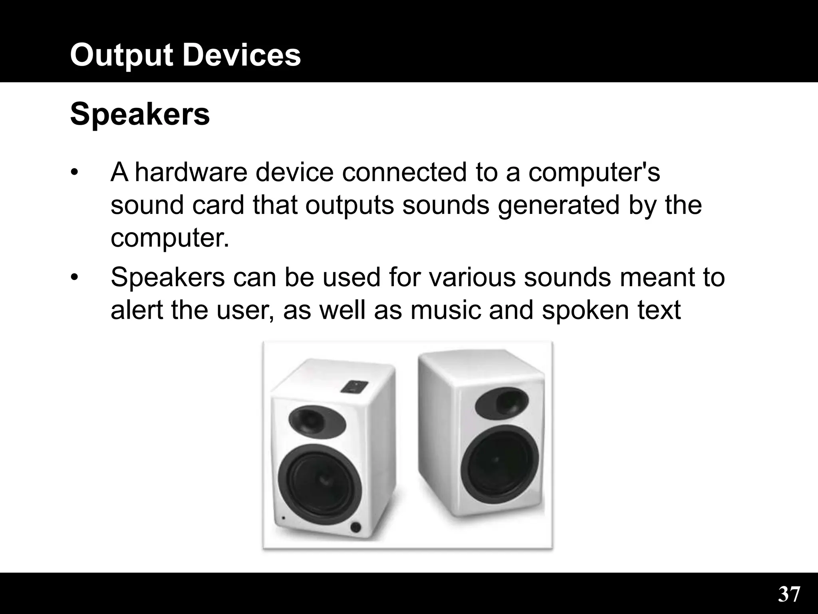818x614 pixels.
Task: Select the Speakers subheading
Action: click(x=140, y=115)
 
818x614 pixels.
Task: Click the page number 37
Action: click(x=789, y=594)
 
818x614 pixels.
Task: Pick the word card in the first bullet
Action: click(x=218, y=205)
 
